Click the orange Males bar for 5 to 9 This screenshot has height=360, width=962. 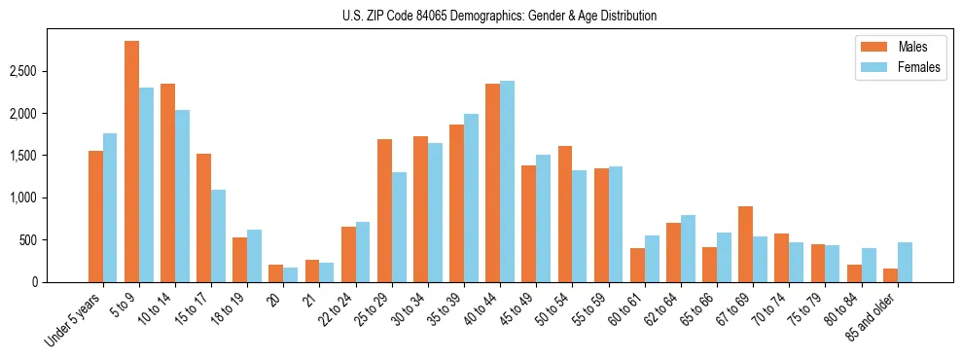[x=131, y=162]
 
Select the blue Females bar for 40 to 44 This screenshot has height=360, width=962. [x=507, y=181]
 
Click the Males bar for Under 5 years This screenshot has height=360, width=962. [x=95, y=216]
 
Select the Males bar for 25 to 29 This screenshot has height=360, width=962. [x=384, y=210]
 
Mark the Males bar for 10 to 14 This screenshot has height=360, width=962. [x=167, y=183]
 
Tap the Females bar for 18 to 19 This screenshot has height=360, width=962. [x=254, y=256]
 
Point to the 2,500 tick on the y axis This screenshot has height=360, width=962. [x=24, y=72]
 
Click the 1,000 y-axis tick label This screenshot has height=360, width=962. [x=24, y=198]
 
